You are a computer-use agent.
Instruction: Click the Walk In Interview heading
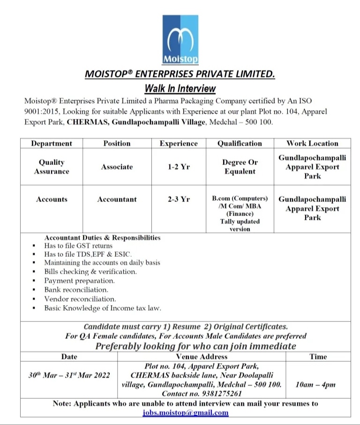[180, 88]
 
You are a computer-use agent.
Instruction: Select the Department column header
[52, 143]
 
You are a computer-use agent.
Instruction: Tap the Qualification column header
[240, 143]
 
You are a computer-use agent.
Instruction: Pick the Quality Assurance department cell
[52, 167]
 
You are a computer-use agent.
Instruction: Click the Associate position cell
[117, 167]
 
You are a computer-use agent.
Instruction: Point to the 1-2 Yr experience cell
[179, 167]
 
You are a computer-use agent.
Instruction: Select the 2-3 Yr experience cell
[179, 199]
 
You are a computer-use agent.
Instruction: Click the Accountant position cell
[117, 199]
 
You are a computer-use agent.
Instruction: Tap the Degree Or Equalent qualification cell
[240, 167]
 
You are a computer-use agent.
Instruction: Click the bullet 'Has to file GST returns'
[78, 246]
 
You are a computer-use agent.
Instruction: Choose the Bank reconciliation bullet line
[76, 290]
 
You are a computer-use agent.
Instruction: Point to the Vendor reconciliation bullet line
[80, 298]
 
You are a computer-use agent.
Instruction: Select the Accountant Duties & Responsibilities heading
[102, 238]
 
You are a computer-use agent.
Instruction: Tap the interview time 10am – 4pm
[315, 385]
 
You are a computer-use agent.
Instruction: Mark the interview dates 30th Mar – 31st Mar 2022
[69, 375]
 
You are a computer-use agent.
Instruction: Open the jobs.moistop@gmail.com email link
[186, 412]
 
